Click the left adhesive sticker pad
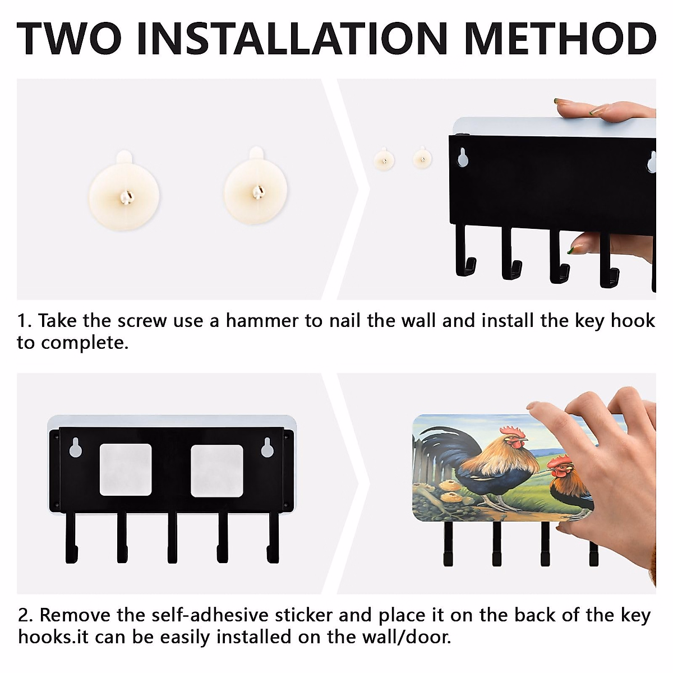coord(126,470)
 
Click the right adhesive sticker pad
coord(217,471)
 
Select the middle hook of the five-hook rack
coord(172,538)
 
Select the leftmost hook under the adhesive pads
coord(71,538)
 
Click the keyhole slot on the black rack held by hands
coord(463,158)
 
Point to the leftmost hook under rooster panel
coord(448,544)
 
